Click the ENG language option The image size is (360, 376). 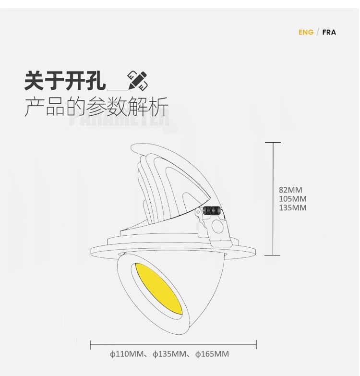point(306,32)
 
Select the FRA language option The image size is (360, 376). point(329,32)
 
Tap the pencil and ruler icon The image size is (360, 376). point(137,81)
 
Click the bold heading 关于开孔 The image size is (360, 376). point(65,81)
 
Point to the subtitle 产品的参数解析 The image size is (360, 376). point(96,107)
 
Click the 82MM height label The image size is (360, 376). point(290,190)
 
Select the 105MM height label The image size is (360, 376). point(292,199)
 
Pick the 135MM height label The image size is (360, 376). point(292,208)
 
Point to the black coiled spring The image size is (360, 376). point(212,211)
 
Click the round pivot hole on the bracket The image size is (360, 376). point(218,227)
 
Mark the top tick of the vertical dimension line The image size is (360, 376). point(273,142)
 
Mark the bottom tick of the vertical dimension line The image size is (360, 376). point(273,255)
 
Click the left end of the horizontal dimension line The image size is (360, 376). point(91,344)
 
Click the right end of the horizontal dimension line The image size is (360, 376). point(256,344)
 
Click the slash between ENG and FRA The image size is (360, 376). point(317,32)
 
